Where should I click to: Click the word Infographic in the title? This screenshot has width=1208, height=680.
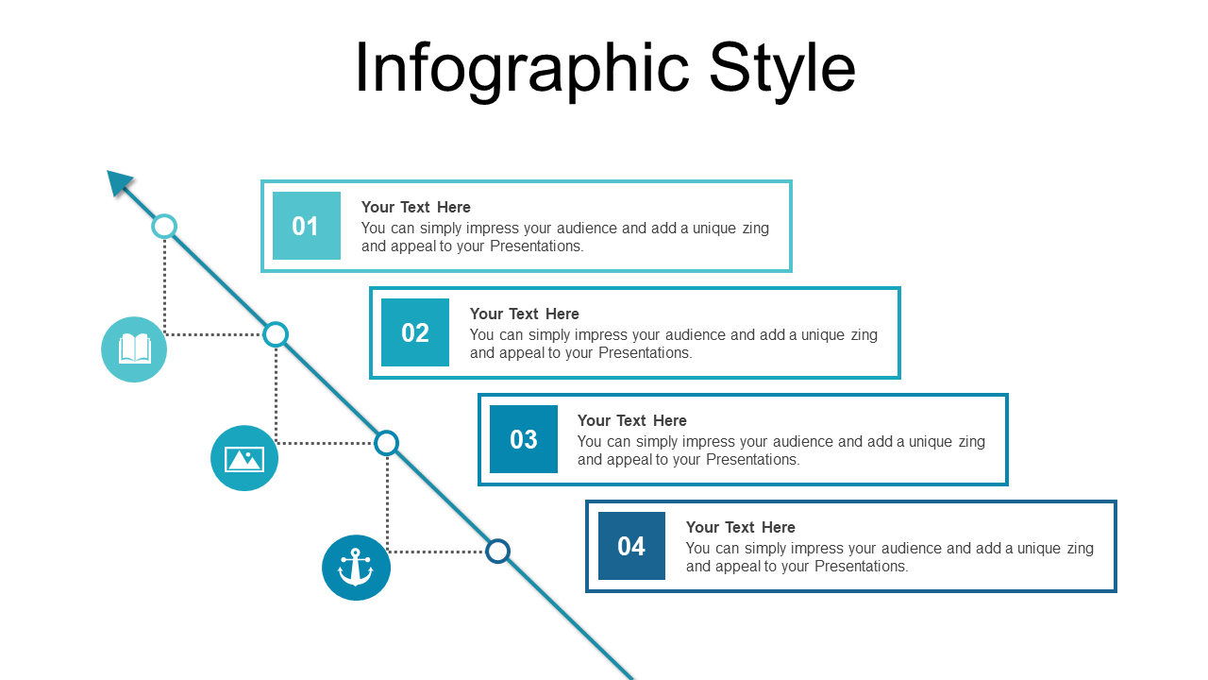click(522, 69)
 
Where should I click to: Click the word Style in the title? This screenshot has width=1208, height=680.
click(782, 69)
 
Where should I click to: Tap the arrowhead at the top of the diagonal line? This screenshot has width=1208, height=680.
click(119, 182)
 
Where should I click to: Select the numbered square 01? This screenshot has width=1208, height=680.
click(307, 226)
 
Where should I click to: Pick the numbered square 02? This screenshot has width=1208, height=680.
click(414, 332)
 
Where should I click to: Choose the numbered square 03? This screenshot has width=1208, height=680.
click(524, 439)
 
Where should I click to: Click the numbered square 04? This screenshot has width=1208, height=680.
click(631, 546)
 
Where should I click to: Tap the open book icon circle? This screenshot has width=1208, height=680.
click(134, 349)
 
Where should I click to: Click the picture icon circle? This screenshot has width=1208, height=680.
click(244, 458)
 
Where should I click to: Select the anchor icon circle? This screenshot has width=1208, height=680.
click(356, 568)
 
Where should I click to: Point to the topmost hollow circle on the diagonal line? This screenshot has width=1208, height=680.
click(164, 227)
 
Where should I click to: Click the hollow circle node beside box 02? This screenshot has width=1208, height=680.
click(276, 334)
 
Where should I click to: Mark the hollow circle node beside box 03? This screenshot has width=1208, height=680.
click(387, 443)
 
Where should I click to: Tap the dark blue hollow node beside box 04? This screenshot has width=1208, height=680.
click(497, 551)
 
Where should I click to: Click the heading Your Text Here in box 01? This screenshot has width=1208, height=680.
click(416, 207)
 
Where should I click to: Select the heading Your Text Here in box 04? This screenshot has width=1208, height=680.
click(741, 527)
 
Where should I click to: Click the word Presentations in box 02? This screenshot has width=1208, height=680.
click(645, 353)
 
